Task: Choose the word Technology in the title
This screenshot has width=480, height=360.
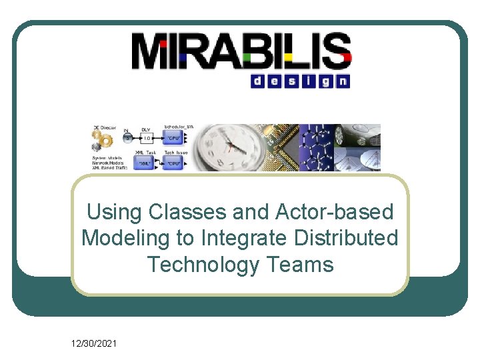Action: (203, 265)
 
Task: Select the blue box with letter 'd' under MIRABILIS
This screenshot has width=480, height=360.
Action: (257, 81)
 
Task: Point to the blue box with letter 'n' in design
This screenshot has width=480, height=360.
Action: (343, 81)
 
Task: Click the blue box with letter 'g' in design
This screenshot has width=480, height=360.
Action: (326, 81)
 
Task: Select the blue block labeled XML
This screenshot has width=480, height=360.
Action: (143, 163)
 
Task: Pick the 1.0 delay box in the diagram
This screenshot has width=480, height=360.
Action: (148, 139)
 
